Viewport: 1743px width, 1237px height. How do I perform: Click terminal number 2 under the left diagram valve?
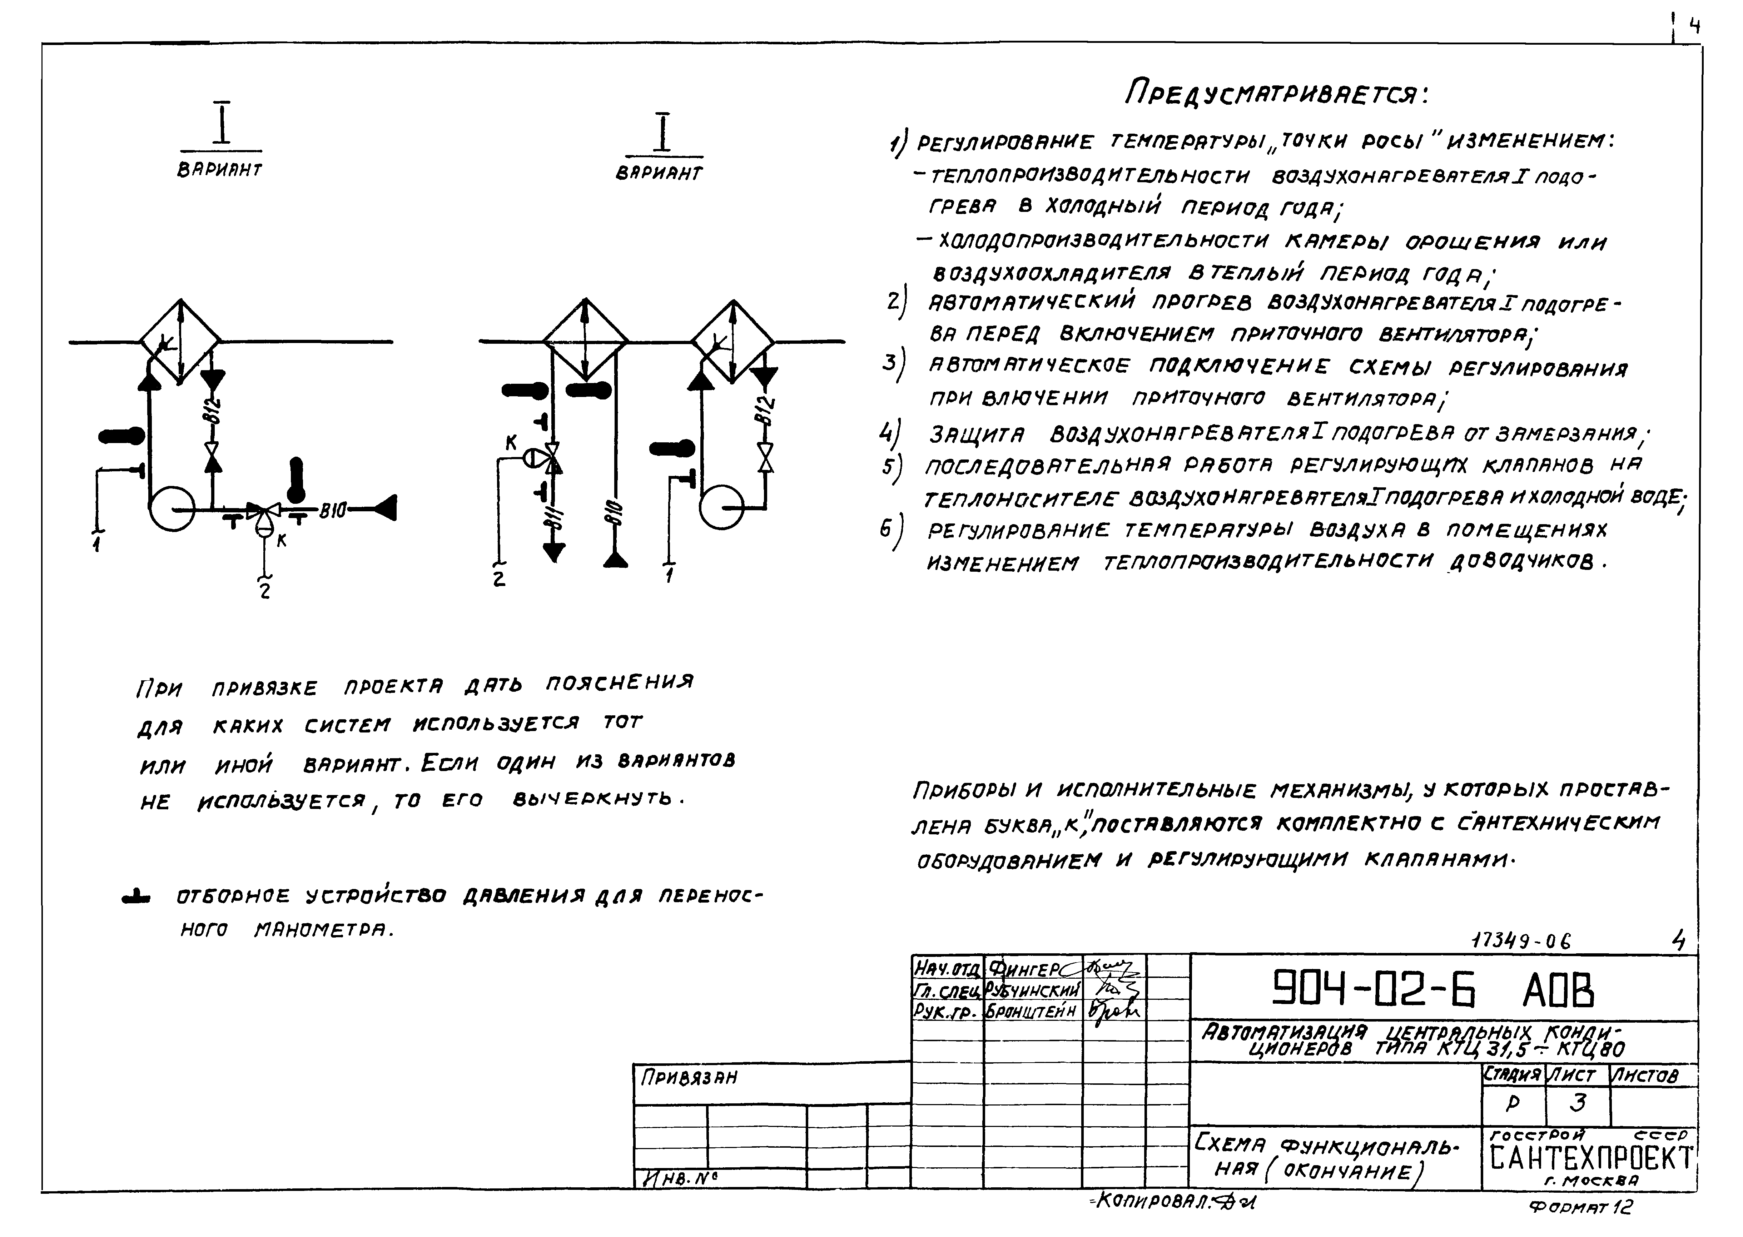point(264,590)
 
